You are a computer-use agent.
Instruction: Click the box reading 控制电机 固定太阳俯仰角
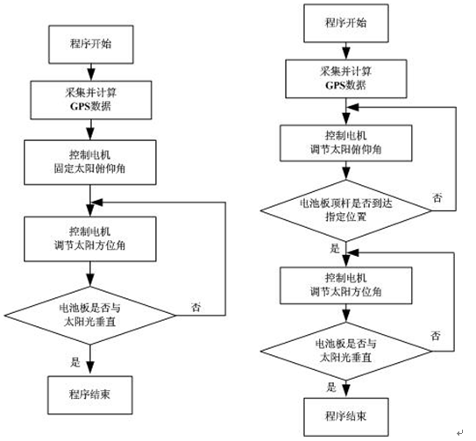click(x=90, y=162)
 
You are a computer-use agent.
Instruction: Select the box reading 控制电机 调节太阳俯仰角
click(x=345, y=143)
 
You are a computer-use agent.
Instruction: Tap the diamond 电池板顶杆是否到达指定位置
click(x=345, y=210)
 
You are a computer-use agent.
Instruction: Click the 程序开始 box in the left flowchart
click(x=91, y=45)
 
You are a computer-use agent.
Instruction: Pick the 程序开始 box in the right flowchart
click(x=346, y=23)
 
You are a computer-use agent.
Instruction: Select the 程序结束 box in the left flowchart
click(x=90, y=395)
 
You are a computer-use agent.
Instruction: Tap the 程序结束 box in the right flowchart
click(x=346, y=416)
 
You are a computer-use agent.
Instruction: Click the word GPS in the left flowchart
click(x=79, y=106)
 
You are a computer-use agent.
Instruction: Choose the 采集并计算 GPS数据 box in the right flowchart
click(x=346, y=79)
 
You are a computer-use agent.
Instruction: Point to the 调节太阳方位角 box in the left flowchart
click(x=90, y=238)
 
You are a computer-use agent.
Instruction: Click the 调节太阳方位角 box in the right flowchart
click(x=345, y=286)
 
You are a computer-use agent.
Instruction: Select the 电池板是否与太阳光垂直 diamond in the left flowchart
click(x=90, y=316)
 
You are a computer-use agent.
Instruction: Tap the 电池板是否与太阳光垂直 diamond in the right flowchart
click(x=345, y=351)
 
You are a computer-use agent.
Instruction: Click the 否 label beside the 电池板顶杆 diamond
click(x=437, y=198)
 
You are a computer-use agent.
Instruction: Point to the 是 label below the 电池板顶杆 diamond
click(x=335, y=248)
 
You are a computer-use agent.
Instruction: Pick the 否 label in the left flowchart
click(x=196, y=307)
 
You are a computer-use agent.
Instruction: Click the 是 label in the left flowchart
click(x=75, y=362)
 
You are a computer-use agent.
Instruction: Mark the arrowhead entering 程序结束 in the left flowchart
click(x=90, y=368)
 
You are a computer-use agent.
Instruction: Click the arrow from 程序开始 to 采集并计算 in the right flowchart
click(x=346, y=51)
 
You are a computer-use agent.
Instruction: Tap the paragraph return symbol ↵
click(x=459, y=432)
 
